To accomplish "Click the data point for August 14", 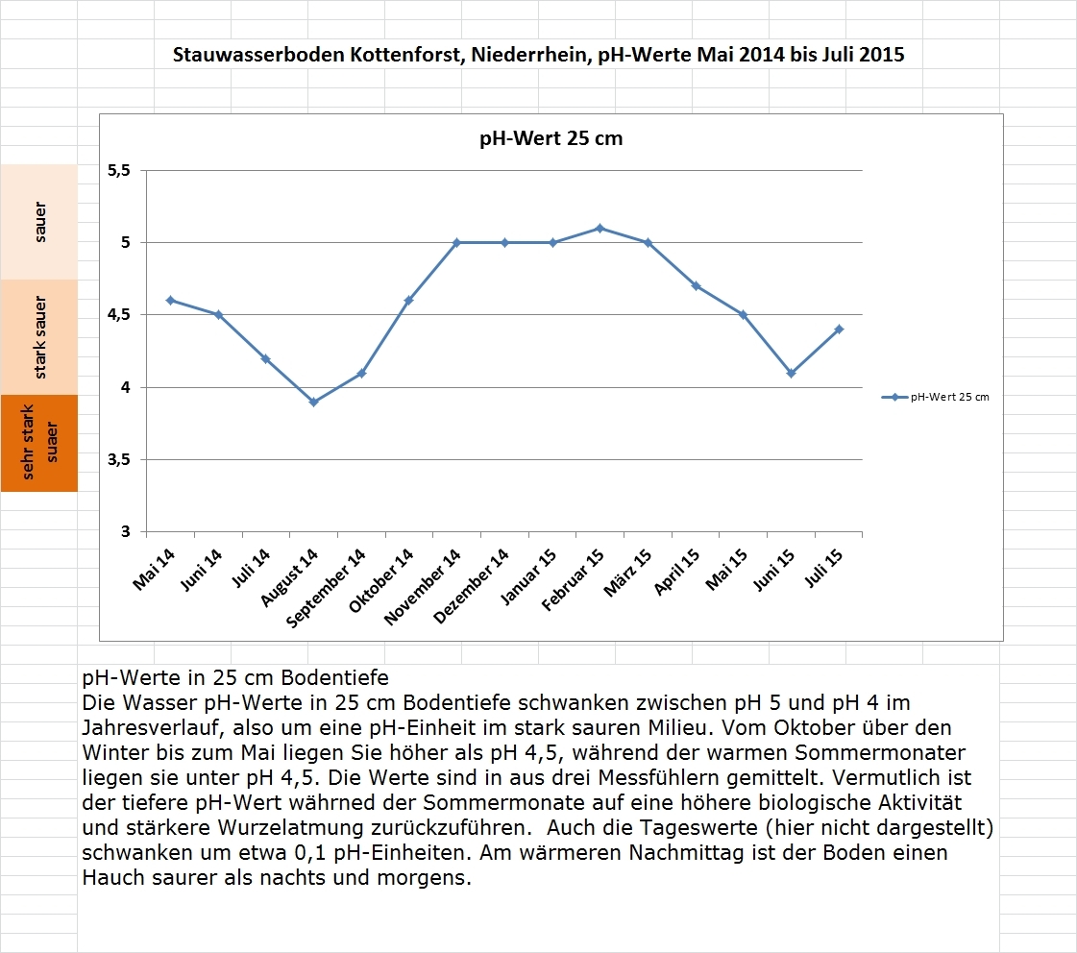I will point(313,402).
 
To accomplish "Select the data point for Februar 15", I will point(600,228).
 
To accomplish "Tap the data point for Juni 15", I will point(791,373).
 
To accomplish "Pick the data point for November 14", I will point(456,242).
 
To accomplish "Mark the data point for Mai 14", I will point(170,300).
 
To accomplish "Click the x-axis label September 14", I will point(328,587).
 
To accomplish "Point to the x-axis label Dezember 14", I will point(472,585).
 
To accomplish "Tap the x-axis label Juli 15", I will point(824,569).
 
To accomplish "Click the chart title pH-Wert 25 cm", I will point(551,138).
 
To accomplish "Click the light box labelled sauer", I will point(39,222).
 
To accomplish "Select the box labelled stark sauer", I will point(39,336).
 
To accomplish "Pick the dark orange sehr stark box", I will point(39,442).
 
